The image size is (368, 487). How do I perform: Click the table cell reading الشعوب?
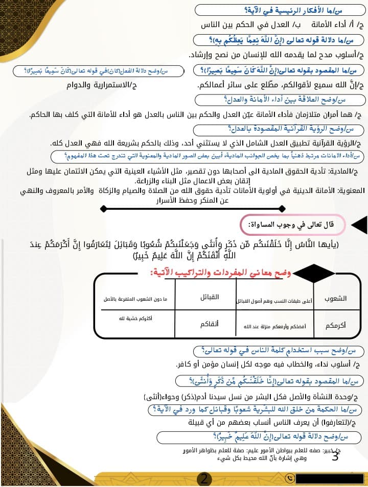(335, 298)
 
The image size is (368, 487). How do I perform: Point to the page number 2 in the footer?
(204, 479)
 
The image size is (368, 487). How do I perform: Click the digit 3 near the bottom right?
(335, 456)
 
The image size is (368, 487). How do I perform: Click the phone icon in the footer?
(290, 479)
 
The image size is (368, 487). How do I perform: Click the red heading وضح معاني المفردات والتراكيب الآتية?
(220, 273)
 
